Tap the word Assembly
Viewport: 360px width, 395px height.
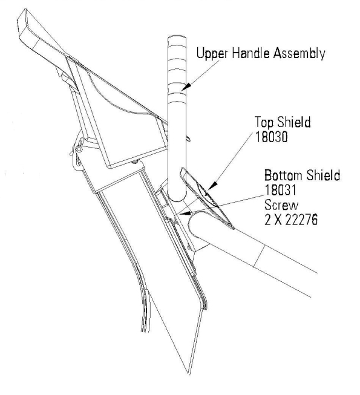point(299,54)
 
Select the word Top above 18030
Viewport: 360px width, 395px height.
point(264,123)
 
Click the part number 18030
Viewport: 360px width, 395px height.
point(271,137)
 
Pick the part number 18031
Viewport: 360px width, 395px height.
point(280,190)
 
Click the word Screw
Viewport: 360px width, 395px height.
point(281,205)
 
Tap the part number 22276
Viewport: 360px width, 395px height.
point(301,220)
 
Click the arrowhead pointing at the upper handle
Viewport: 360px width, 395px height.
point(186,87)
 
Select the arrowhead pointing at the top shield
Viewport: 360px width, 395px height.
point(212,186)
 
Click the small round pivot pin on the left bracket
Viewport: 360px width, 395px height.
point(79,149)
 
